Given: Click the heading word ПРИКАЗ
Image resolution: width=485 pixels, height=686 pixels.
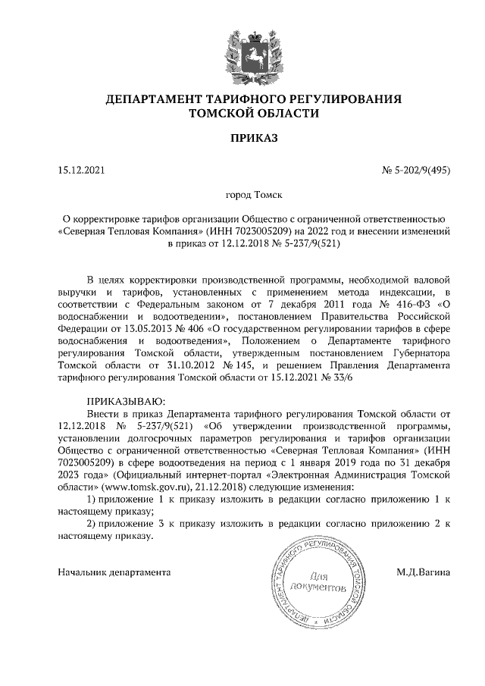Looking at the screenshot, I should click(242, 138).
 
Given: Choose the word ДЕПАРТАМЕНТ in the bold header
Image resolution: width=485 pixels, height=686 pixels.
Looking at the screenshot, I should click(151, 99).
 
